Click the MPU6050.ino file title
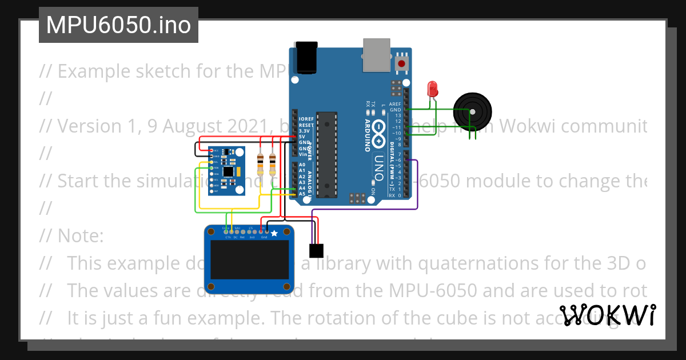tap(118, 25)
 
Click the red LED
tap(432, 89)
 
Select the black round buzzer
tap(472, 109)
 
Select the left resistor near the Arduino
tap(261, 164)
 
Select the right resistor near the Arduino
tap(272, 164)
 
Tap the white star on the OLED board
tap(274, 233)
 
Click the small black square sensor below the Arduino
tap(316, 250)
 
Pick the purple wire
tap(418, 189)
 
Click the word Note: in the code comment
tap(80, 235)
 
